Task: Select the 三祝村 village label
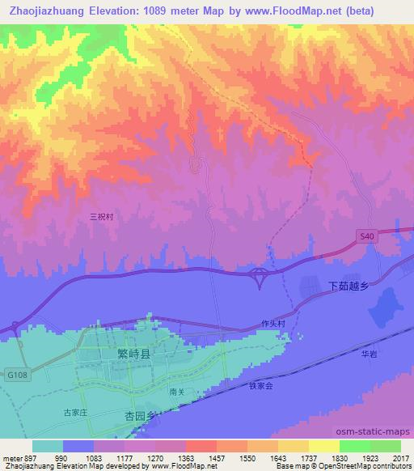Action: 102,217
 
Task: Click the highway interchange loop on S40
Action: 260,276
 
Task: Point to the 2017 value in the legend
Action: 400,457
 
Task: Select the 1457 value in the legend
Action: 217,457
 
